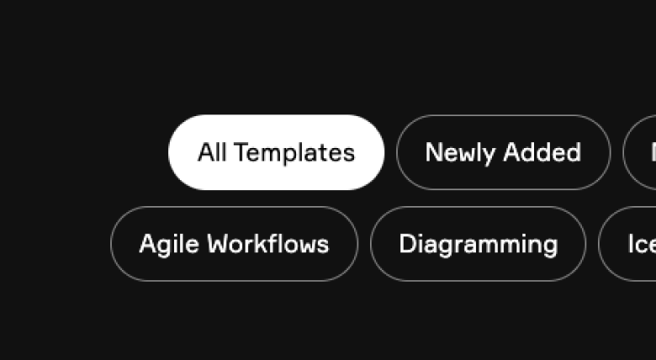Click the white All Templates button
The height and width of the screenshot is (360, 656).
click(276, 152)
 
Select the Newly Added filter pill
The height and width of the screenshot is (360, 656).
click(503, 152)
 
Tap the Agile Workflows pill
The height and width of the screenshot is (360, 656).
click(234, 244)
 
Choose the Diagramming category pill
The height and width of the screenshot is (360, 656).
click(478, 244)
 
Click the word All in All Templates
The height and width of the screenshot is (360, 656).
click(212, 152)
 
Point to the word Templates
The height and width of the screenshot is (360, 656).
click(294, 153)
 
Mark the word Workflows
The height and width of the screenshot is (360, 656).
click(268, 244)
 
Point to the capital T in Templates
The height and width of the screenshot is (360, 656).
click(241, 152)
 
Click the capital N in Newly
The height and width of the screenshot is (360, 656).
click(433, 152)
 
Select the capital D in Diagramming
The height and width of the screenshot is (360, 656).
click(407, 244)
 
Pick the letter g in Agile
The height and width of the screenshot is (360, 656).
click(165, 246)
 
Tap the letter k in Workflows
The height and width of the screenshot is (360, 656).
click(263, 244)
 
